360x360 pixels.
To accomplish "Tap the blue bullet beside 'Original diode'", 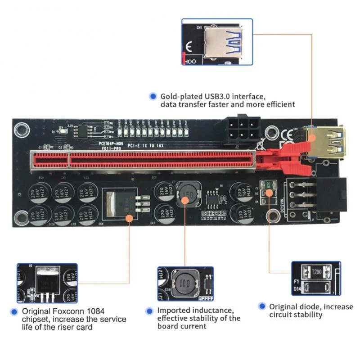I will (261, 306).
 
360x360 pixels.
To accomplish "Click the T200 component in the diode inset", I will (316, 272).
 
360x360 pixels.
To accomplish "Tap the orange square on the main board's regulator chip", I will (130, 218).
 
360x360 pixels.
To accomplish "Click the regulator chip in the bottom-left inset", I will (45, 282).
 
